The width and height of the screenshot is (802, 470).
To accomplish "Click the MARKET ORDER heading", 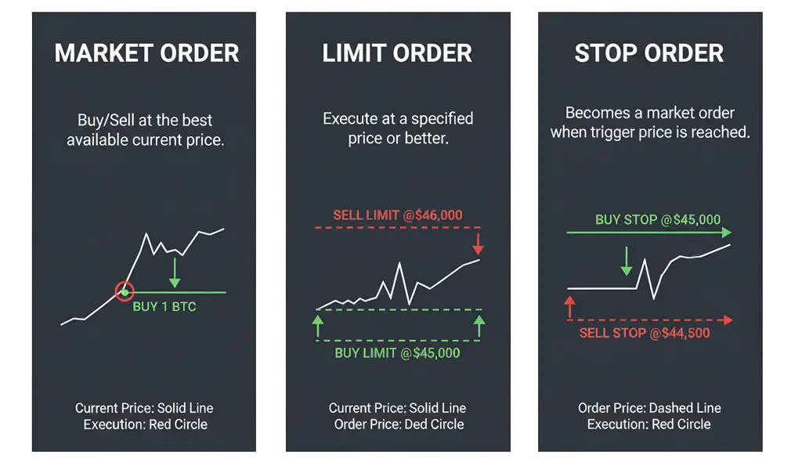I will click(146, 53).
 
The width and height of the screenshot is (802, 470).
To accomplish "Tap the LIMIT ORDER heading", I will click(397, 53).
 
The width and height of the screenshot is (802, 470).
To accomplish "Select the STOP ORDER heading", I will click(648, 53).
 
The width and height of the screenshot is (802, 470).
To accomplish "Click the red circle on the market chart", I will click(124, 292).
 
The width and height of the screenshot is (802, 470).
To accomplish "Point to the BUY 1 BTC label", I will click(164, 306).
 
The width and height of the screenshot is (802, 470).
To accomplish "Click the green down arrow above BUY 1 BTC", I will click(175, 273).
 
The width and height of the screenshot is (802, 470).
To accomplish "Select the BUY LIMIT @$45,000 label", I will click(397, 353).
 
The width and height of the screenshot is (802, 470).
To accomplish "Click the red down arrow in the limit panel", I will click(479, 244).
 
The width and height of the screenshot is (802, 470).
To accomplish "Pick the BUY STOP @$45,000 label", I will click(658, 219).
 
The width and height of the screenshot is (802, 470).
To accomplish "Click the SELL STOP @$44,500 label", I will click(645, 333).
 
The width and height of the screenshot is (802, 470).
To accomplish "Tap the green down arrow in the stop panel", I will click(626, 261).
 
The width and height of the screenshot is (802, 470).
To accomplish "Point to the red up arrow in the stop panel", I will click(569, 306).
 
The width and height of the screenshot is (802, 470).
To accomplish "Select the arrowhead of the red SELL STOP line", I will click(728, 320).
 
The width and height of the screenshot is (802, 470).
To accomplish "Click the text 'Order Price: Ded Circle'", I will click(399, 424).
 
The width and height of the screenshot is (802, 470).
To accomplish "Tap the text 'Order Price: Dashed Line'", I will click(649, 408).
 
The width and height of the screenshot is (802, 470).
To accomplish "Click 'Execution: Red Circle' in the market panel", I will click(146, 424).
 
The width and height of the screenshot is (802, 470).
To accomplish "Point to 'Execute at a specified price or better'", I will click(398, 128).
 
